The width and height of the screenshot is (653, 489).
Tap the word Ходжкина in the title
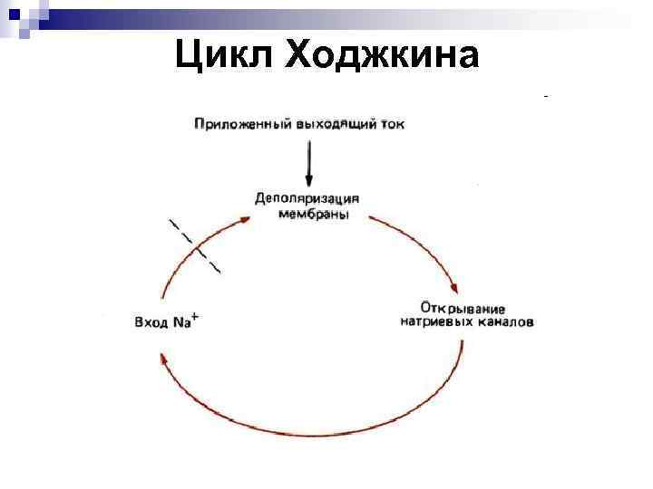(381, 55)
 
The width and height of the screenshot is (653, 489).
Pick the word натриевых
(433, 321)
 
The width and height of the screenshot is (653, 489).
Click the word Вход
(151, 321)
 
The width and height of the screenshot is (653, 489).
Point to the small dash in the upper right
(546, 94)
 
